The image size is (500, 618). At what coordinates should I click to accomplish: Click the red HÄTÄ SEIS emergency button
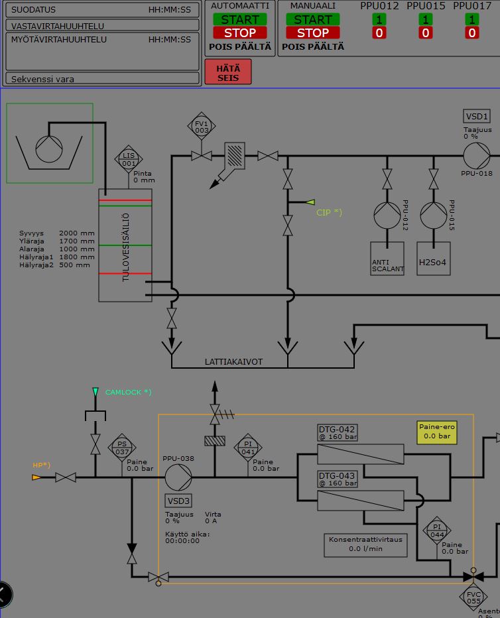pyautogui.click(x=228, y=72)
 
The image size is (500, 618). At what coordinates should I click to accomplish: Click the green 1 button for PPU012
pyautogui.click(x=379, y=19)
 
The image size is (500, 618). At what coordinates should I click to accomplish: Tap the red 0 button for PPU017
pyautogui.click(x=472, y=32)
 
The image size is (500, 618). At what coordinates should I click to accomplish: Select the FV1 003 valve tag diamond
pyautogui.click(x=202, y=127)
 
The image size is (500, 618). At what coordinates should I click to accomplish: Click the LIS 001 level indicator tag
pyautogui.click(x=129, y=159)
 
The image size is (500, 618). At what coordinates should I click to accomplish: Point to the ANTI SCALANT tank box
pyautogui.click(x=387, y=258)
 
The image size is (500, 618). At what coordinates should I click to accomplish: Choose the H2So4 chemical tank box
pyautogui.click(x=434, y=258)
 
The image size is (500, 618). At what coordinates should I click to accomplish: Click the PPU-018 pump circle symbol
pyautogui.click(x=476, y=156)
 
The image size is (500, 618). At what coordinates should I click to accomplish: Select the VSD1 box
pyautogui.click(x=477, y=117)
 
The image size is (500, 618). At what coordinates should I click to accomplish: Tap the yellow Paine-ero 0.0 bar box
pyautogui.click(x=437, y=432)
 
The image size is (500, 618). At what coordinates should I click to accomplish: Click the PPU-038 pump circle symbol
pyautogui.click(x=178, y=477)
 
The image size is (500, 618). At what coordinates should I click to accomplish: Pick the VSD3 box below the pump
pyautogui.click(x=178, y=501)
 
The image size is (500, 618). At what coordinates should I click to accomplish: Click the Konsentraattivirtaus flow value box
pyautogui.click(x=365, y=544)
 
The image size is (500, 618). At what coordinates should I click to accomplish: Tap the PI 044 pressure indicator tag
pyautogui.click(x=437, y=530)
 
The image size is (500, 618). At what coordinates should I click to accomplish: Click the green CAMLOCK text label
pyautogui.click(x=128, y=393)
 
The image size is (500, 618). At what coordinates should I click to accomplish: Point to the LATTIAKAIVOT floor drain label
pyautogui.click(x=233, y=362)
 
